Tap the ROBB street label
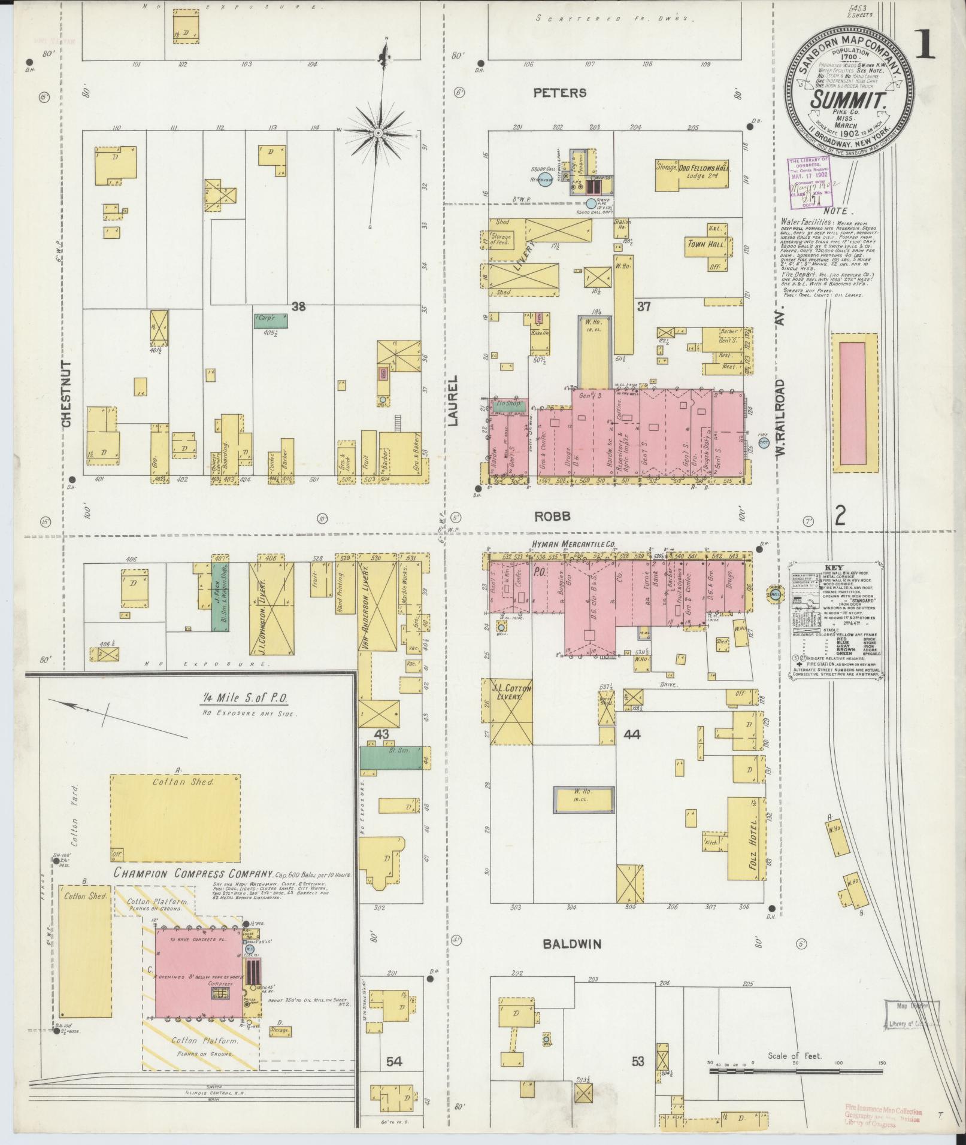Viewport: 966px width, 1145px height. pos(557,516)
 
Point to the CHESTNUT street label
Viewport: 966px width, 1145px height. pos(66,393)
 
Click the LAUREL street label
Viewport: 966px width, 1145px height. pos(452,400)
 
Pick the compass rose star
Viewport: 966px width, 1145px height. pos(379,132)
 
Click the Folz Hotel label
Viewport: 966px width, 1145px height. pos(752,839)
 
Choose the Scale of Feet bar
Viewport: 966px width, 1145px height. pos(797,1070)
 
